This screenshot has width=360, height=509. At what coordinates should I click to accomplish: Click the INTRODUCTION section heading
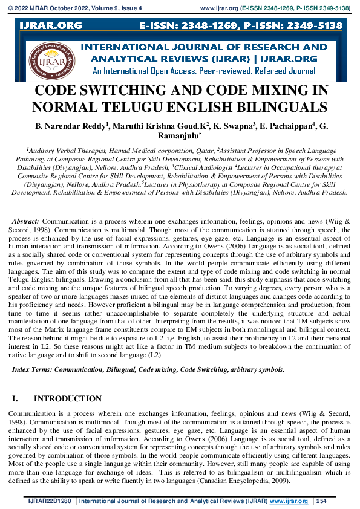point(68,399)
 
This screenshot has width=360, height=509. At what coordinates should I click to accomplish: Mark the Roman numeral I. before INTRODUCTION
point(16,399)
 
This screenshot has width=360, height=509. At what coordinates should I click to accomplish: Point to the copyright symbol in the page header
point(11,9)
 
